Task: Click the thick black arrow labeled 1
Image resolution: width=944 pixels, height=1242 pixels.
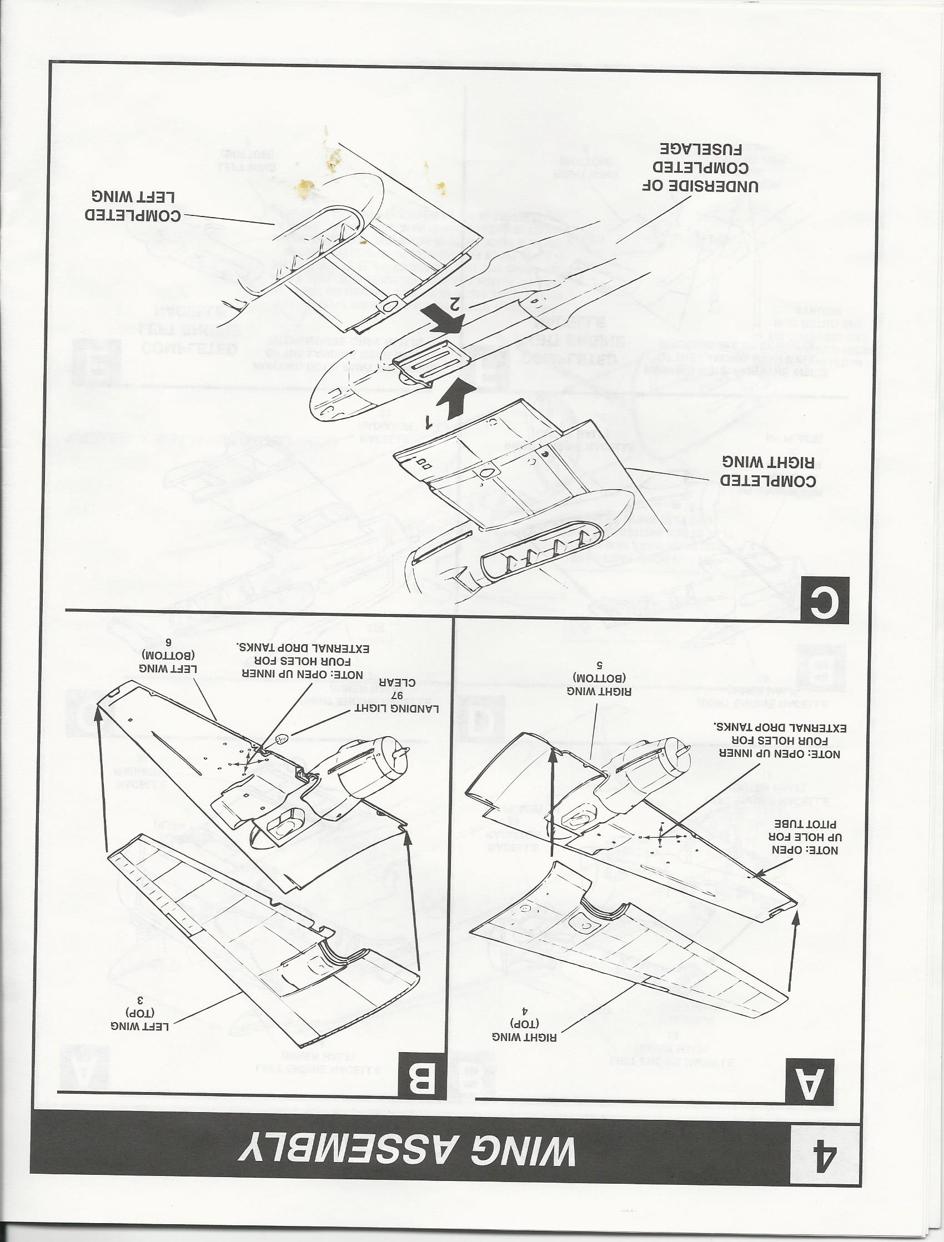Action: tap(453, 400)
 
